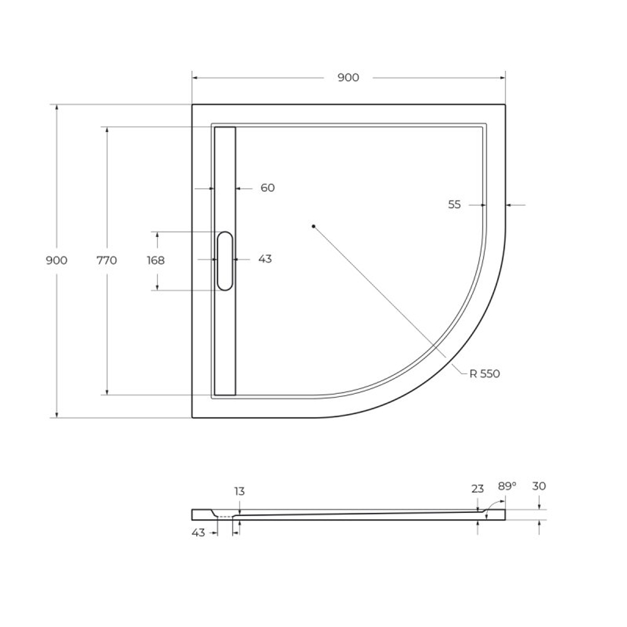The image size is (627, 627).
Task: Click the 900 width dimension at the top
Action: [348, 78]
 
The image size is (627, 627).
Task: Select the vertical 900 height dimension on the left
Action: [56, 260]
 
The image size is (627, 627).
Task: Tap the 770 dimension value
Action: [107, 260]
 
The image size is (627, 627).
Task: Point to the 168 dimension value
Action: [156, 260]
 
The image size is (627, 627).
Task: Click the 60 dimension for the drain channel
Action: [268, 187]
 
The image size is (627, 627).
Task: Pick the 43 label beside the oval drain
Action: [265, 259]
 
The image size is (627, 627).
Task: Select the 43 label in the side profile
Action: [199, 533]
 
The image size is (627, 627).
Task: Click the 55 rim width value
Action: [455, 204]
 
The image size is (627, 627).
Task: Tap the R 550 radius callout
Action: [485, 374]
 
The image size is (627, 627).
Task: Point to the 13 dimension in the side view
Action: [240, 491]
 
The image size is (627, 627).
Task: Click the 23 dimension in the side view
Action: [478, 488]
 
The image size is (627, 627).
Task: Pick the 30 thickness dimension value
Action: [539, 486]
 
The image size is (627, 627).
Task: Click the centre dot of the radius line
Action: [313, 226]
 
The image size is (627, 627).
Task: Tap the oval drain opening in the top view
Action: [225, 261]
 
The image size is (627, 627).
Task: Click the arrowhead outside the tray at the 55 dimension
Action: [509, 204]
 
